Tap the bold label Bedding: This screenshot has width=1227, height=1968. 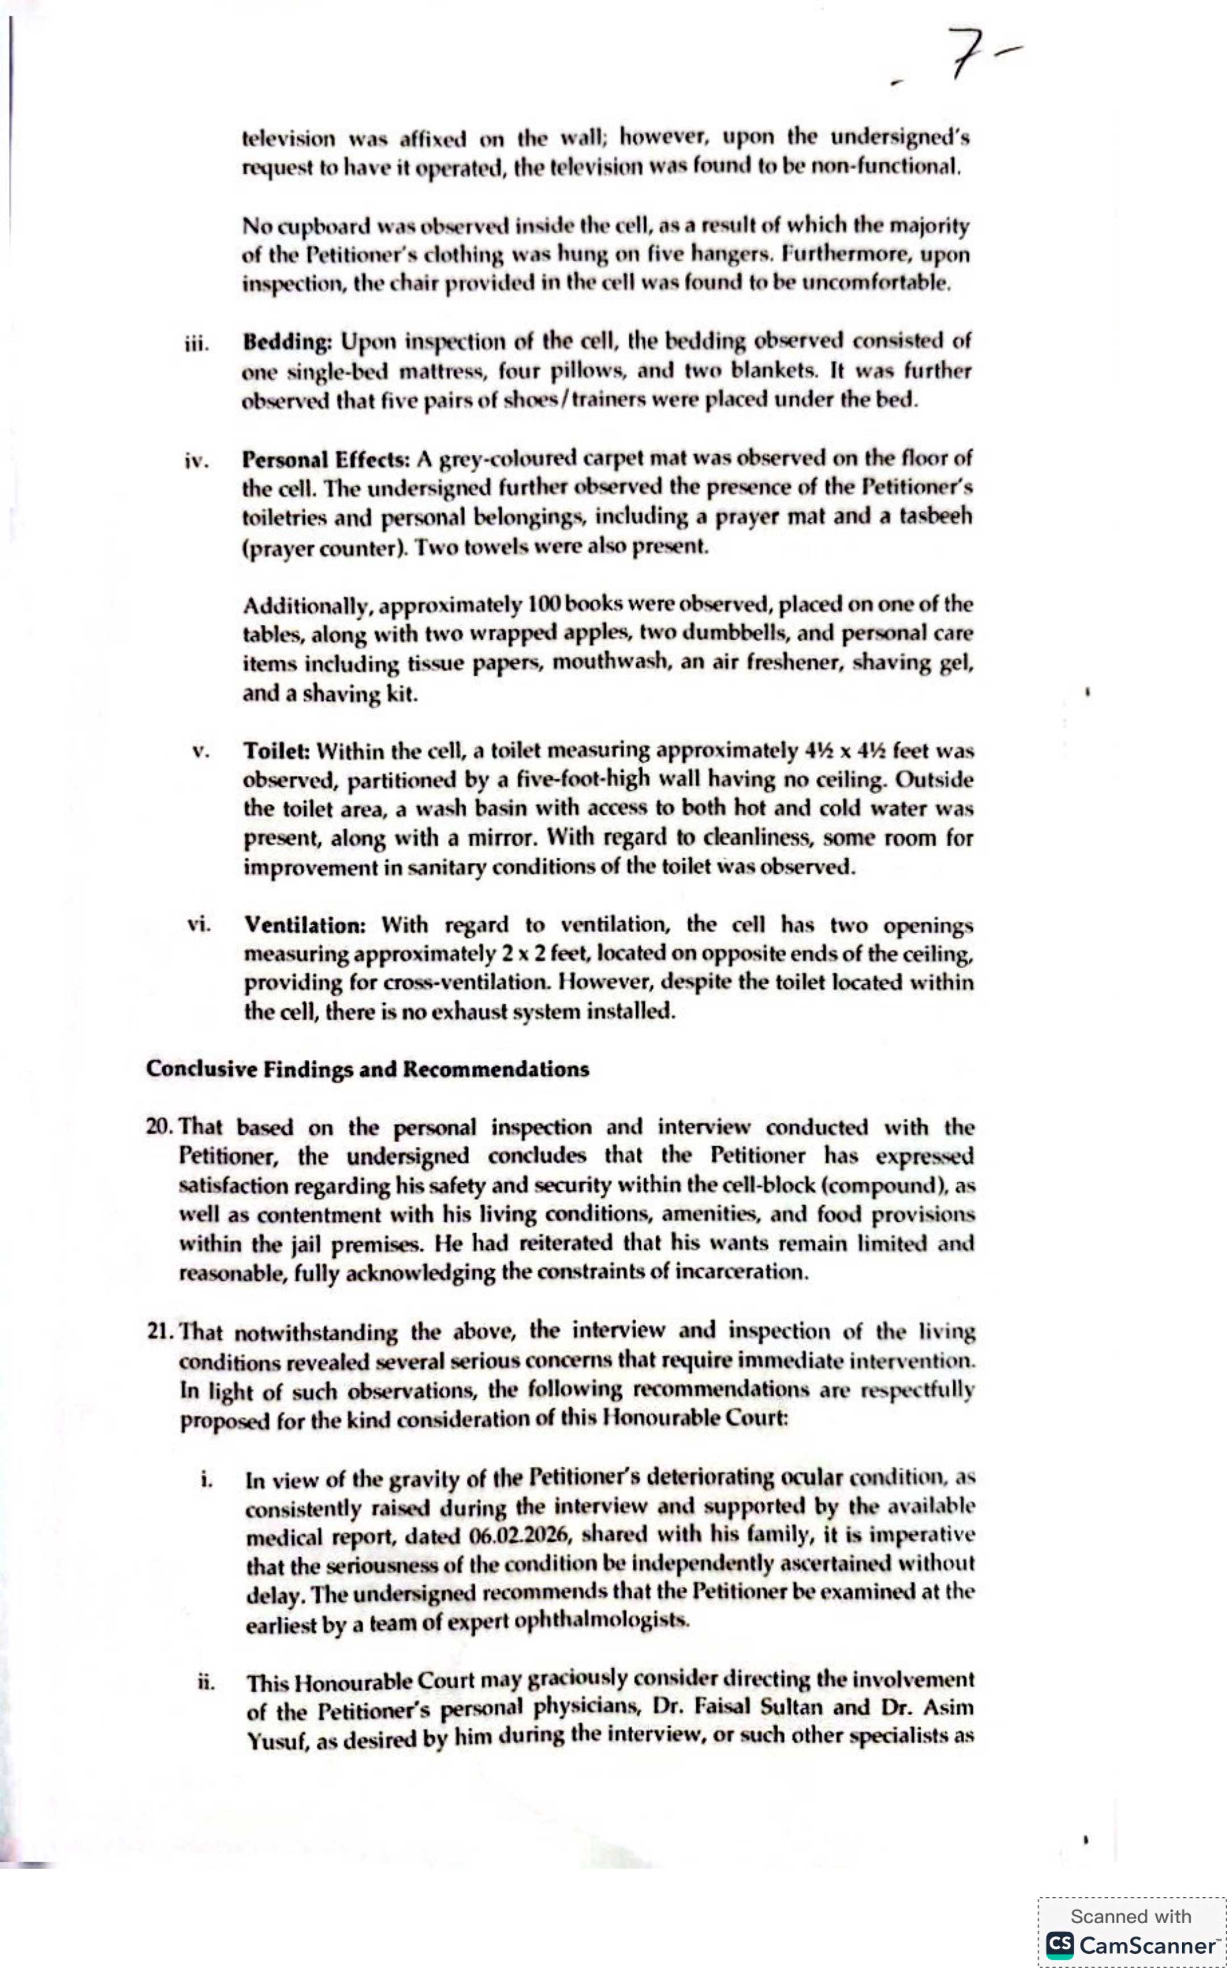click(287, 342)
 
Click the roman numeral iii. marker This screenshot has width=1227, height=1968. click(196, 343)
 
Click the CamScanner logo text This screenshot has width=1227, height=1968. click(1146, 1945)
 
